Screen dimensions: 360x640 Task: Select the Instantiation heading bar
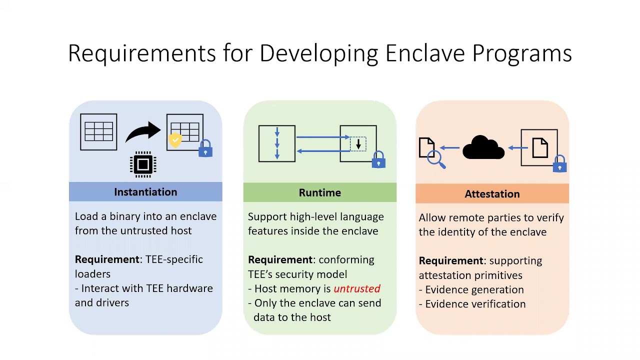coord(145,192)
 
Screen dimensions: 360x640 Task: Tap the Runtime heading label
coord(319,193)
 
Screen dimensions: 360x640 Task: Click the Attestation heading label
coord(492,194)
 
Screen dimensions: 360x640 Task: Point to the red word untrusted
coord(356,289)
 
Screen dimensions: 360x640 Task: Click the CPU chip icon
coord(143,164)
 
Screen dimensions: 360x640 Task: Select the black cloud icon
coord(483,148)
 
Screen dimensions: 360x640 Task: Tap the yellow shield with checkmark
coord(175,140)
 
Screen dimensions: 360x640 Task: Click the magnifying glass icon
coord(436,159)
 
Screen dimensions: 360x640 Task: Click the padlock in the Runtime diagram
coord(378,159)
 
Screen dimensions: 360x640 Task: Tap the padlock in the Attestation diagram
coord(559,163)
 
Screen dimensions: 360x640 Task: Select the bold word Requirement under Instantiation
coord(106,259)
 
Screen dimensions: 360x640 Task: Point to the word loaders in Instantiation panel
coord(92,274)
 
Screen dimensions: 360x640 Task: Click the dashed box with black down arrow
coord(358,144)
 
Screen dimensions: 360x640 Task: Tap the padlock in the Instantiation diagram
coord(205,148)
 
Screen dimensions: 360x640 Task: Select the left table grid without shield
coord(98,132)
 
